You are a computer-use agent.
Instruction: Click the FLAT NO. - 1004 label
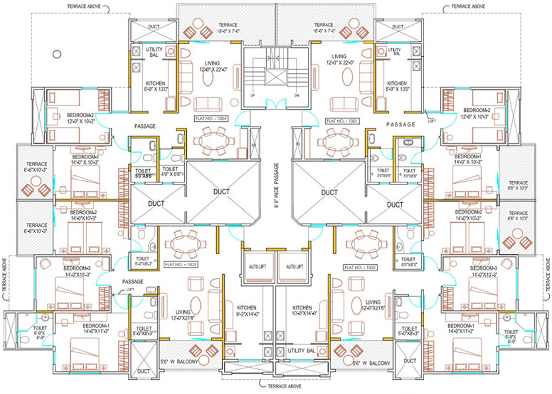point(210,119)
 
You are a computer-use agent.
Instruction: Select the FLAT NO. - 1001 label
point(342,121)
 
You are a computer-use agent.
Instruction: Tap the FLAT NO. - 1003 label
point(180,264)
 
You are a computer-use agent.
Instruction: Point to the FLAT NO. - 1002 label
point(360,267)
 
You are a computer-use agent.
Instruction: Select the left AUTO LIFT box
point(257,267)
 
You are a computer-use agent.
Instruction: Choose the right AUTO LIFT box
point(295,267)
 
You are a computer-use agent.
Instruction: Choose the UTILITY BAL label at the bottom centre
point(302,350)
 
